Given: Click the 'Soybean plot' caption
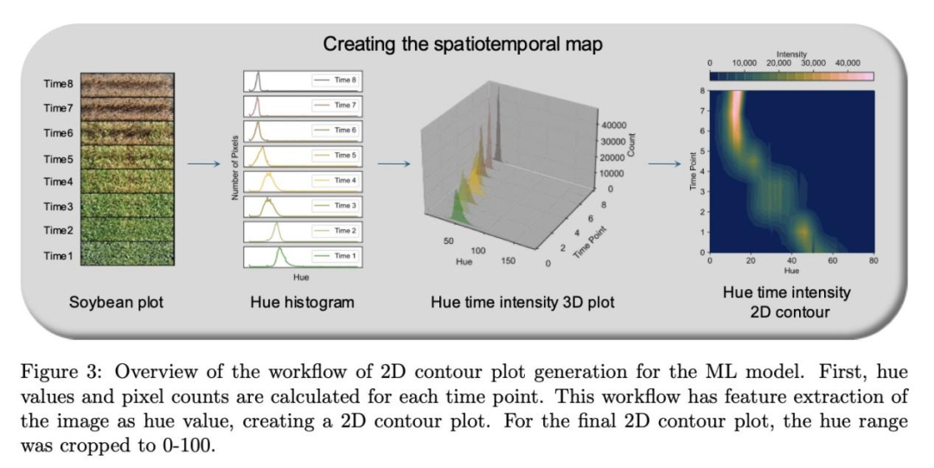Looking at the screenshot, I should click(x=116, y=304).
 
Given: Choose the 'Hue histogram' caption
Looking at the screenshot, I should click(x=302, y=304).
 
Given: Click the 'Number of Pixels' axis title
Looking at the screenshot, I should click(x=234, y=167).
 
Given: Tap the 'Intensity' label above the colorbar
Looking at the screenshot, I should click(x=791, y=54).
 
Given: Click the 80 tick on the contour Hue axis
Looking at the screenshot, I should click(x=873, y=260).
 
